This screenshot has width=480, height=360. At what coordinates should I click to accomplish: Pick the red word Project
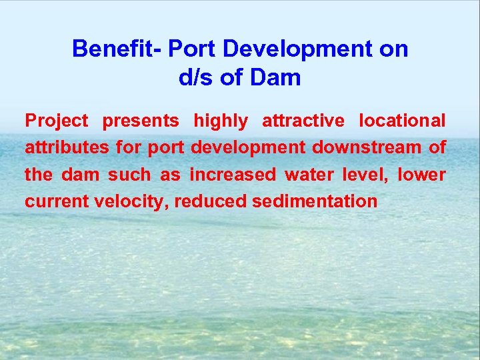click(x=57, y=121)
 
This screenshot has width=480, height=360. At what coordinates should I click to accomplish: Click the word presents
click(x=141, y=121)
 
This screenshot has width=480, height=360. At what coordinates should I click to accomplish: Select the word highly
click(x=220, y=121)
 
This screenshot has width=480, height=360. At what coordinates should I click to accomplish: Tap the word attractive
click(x=303, y=121)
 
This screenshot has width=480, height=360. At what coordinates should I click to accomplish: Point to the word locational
click(x=402, y=121)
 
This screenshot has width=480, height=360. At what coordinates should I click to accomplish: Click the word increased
click(x=233, y=175)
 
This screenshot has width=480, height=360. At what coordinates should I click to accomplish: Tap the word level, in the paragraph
click(x=365, y=175)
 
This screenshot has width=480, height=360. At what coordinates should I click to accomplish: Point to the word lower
click(x=422, y=175)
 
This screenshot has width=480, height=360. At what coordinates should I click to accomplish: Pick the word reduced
click(x=210, y=201)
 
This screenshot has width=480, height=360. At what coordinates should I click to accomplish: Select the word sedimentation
click(x=315, y=201)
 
